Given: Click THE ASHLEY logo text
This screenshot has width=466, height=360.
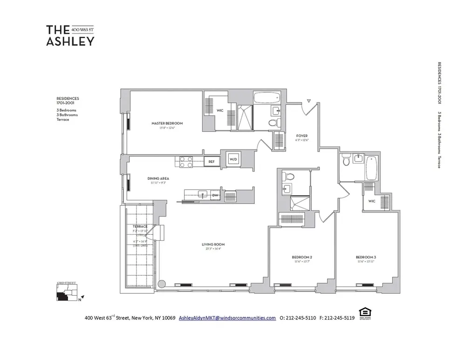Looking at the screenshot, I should pos(70,35).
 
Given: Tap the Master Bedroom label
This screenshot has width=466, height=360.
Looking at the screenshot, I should pos(167,123).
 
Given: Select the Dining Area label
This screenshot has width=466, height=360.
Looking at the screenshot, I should pos(158,178).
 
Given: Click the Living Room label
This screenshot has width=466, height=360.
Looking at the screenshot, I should pos(213,244).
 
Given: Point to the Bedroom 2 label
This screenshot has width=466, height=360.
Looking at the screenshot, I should pos(302,257).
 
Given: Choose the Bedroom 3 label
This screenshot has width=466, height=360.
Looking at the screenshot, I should pos(365,257).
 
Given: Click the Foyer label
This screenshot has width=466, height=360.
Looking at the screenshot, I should pos(302,136).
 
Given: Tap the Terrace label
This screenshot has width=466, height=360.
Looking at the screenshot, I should pos(140,226).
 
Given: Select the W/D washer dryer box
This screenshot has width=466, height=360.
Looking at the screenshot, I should pos(233,159).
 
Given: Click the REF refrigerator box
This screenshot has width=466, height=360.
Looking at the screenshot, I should pos(211,162).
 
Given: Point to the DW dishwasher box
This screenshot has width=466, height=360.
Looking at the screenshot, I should pos(215,196).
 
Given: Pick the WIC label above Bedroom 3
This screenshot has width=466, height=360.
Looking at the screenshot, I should pos(371,202).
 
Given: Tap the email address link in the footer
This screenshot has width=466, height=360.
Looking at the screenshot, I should pos(227,318).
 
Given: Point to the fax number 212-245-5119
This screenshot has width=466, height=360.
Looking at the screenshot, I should pos(337,318).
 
